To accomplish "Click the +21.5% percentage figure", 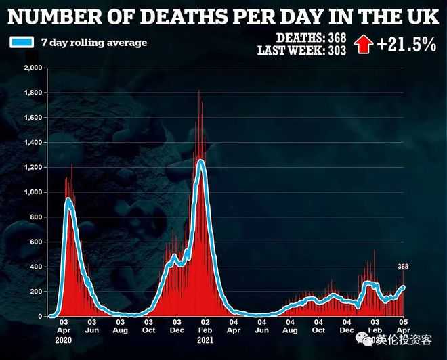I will [x=406, y=44].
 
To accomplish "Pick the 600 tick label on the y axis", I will [x=35, y=242].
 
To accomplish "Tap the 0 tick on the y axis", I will [x=40, y=316].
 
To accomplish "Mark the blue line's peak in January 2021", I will [x=200, y=160].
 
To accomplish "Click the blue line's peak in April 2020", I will [x=68, y=199].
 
